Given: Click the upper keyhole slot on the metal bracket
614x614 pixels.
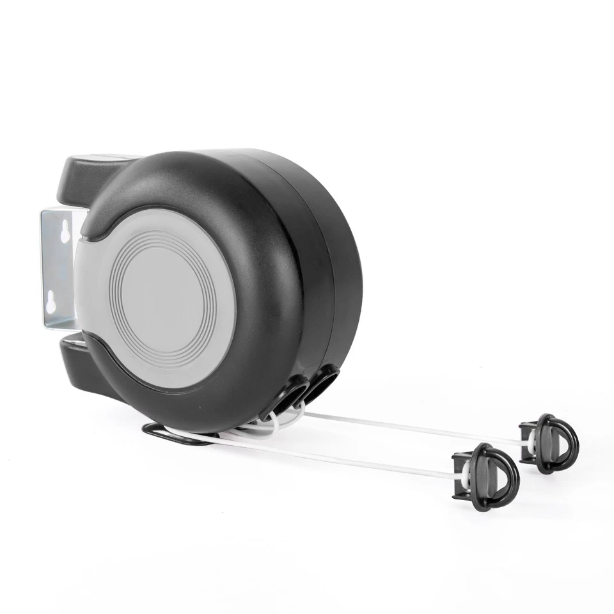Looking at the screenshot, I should [65, 233].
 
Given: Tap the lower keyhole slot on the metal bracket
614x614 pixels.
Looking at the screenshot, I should [51, 303].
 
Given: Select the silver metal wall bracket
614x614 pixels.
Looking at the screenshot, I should [58, 269].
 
